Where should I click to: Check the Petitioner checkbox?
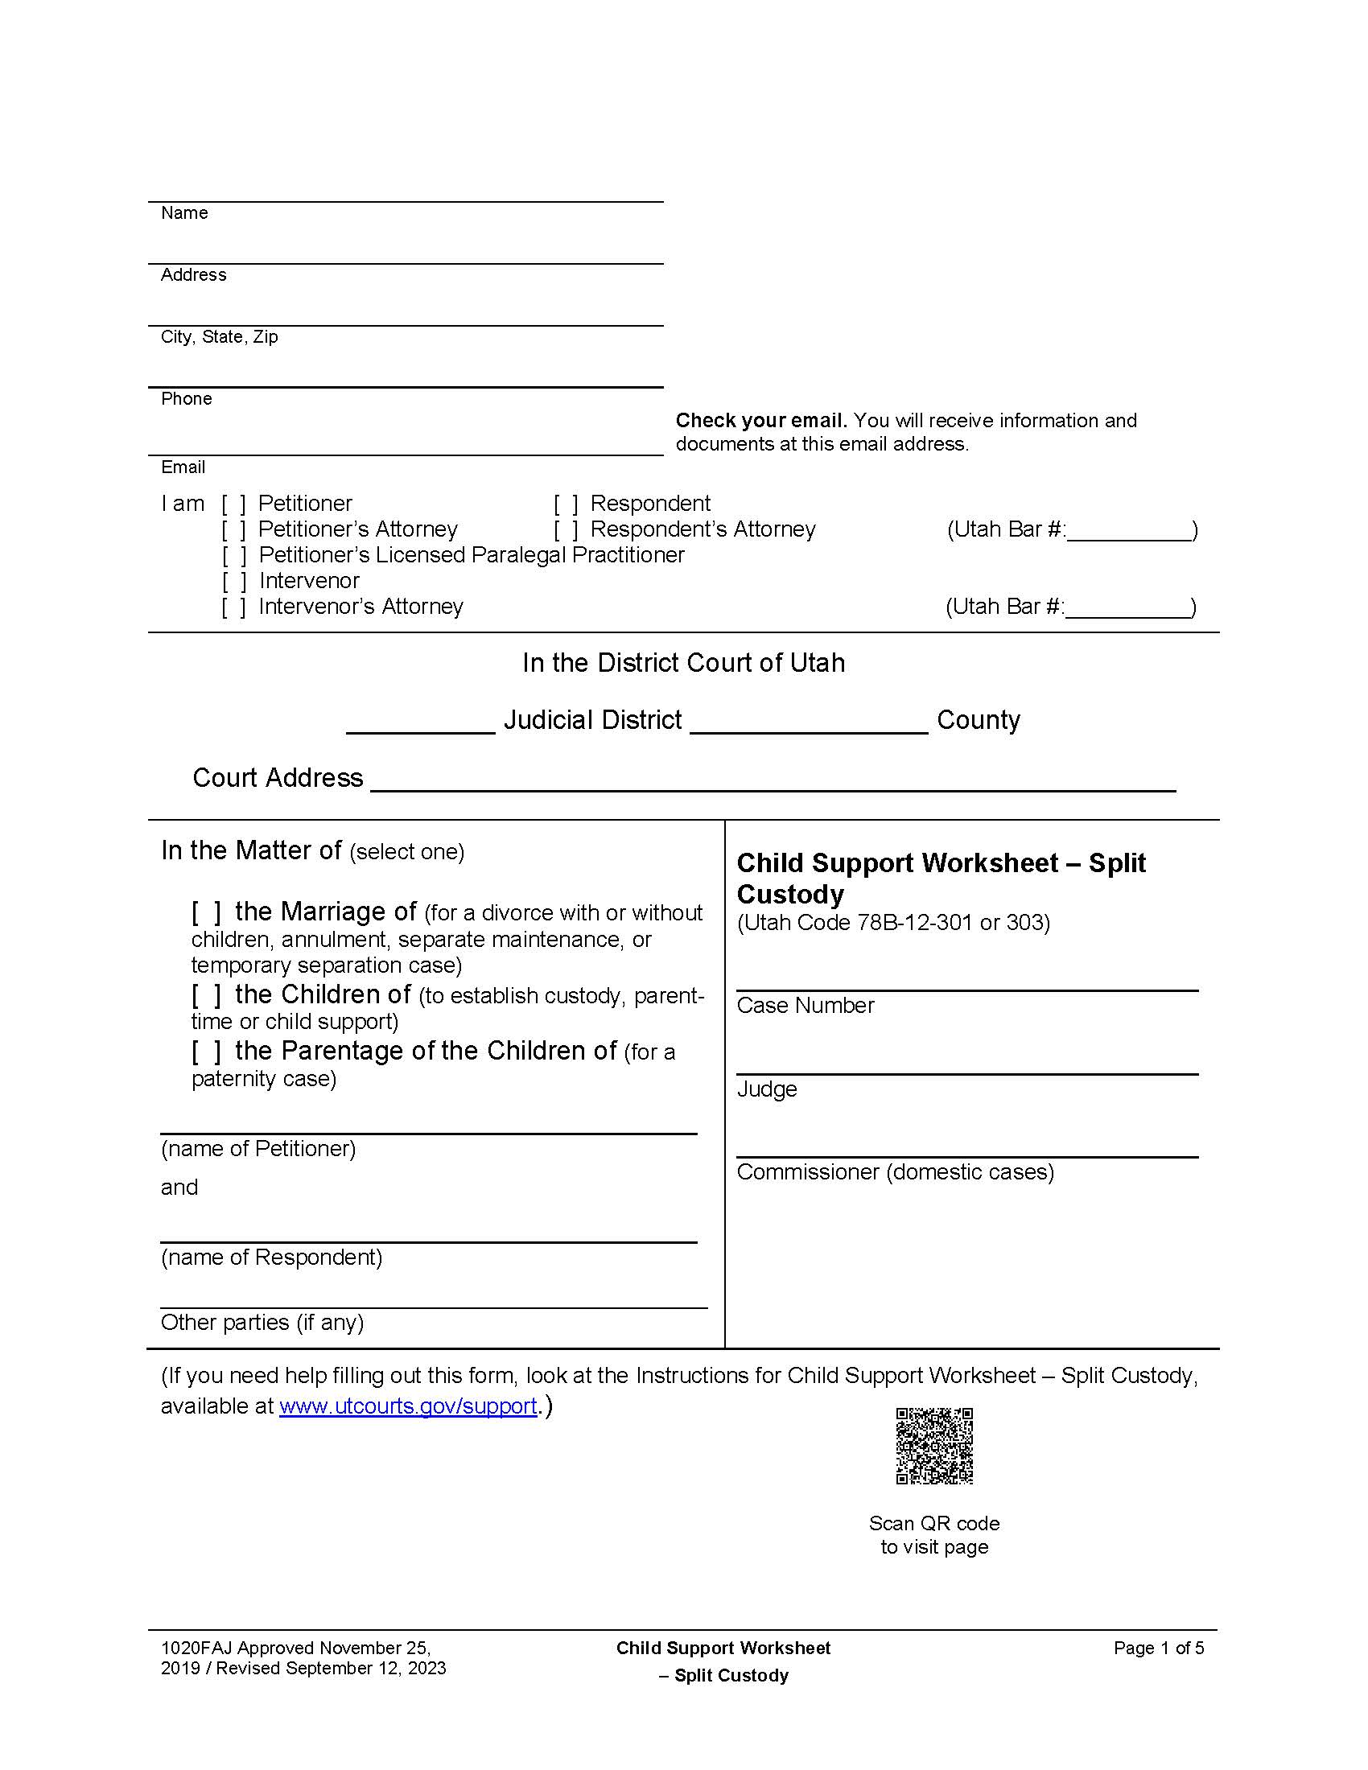233,504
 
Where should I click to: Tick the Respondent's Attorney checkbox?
566,530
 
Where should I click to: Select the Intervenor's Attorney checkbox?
233,607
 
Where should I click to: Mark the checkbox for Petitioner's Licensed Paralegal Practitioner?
233,556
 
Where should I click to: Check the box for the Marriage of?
206,912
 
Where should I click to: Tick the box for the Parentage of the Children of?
206,1052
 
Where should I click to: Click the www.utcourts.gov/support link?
408,1406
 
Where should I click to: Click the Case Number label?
805,1006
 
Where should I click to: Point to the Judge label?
767,1089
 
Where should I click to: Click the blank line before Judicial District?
420,723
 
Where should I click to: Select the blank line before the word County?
808,723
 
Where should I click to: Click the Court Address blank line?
772,780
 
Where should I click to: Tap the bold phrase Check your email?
760,421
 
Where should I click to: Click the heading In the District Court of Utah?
683,663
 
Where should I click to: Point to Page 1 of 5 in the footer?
1158,1648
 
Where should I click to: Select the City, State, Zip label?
219,337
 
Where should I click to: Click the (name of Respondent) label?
271,1257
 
